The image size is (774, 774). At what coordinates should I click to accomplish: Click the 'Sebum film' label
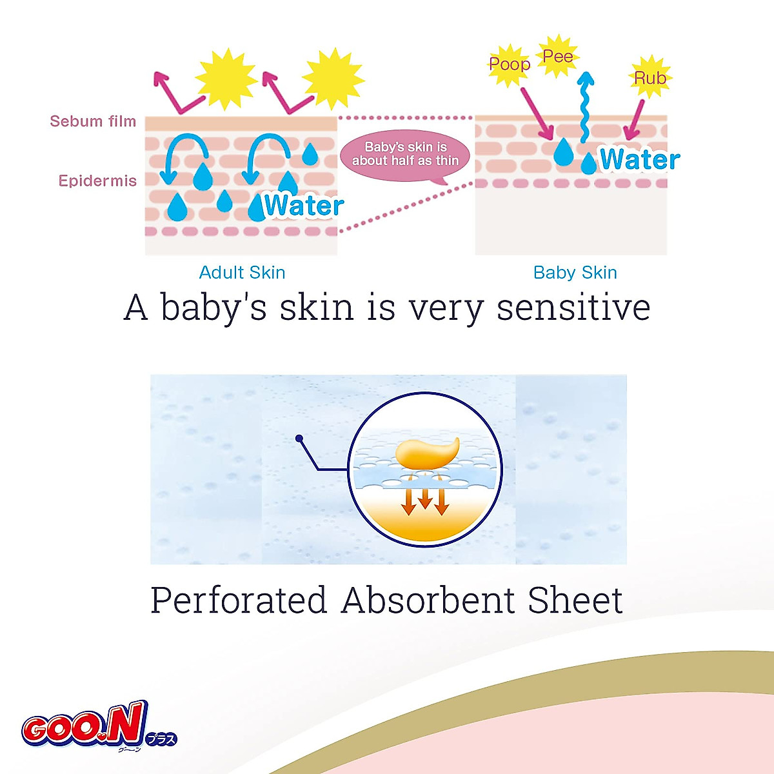[x=93, y=121]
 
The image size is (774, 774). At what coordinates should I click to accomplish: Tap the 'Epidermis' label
[x=97, y=181]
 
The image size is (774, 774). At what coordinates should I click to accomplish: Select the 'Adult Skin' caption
[x=242, y=272]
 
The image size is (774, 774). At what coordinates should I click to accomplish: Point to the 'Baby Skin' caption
[x=575, y=272]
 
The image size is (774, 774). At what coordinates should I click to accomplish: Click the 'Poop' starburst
[x=509, y=64]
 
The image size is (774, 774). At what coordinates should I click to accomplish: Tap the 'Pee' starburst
[x=557, y=57]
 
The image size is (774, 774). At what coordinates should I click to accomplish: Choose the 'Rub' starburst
[x=650, y=78]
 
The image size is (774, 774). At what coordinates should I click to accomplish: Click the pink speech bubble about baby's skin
[x=405, y=155]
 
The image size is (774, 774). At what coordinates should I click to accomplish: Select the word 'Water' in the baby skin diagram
[x=639, y=160]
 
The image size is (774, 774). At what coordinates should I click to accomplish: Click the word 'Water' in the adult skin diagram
[x=303, y=206]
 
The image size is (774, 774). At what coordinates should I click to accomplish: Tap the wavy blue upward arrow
[x=585, y=106]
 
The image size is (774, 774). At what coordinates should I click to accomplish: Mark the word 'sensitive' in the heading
[x=573, y=307]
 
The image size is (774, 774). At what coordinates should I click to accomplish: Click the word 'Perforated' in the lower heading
[x=239, y=601]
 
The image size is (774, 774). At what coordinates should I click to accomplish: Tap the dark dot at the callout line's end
[x=299, y=439]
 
